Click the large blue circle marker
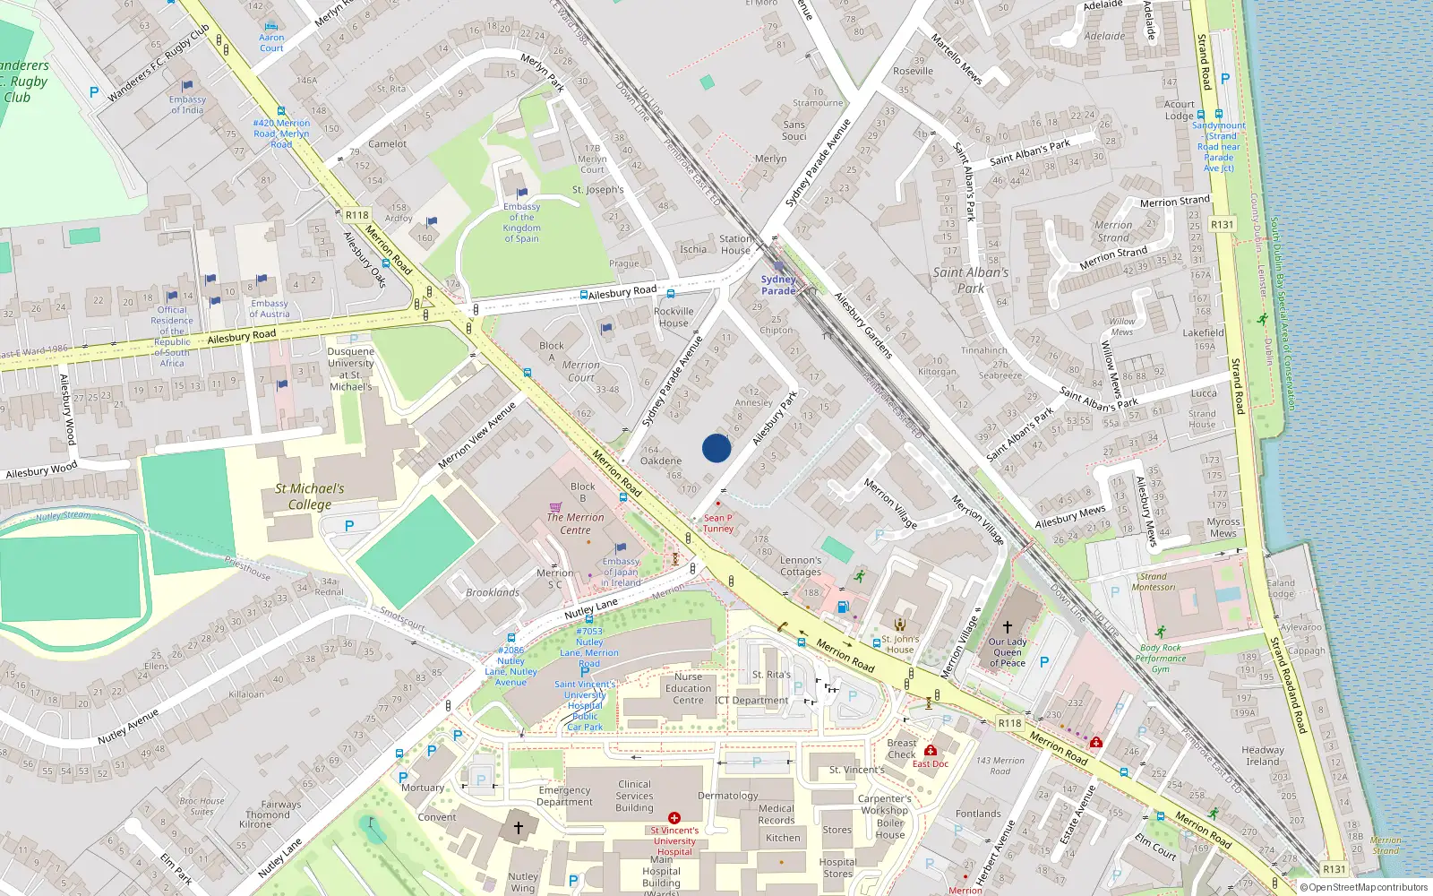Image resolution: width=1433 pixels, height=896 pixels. coord(716,448)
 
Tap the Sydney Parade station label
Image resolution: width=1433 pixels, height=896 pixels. coord(778,285)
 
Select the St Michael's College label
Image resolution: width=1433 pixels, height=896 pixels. coord(310,496)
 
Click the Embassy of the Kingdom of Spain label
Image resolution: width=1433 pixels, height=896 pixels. coord(521,223)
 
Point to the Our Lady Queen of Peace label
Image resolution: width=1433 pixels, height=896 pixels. coord(1008,652)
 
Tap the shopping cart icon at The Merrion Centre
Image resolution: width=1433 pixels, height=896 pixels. coord(555,506)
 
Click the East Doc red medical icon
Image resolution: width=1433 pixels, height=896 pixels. coord(931,751)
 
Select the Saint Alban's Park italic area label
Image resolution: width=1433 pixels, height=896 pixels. coord(971,280)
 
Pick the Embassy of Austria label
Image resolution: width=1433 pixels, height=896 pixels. coord(269,309)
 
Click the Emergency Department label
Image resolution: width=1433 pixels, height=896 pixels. coord(564,796)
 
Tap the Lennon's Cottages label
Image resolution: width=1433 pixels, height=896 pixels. coord(801,566)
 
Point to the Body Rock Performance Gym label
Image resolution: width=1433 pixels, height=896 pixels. coord(1161,659)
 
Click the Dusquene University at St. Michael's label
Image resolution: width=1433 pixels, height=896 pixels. coord(350,369)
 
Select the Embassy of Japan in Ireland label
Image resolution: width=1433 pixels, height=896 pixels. coord(621,572)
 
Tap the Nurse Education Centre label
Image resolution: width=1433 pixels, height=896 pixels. coord(688,688)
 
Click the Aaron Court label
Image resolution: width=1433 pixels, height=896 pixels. coord(271,43)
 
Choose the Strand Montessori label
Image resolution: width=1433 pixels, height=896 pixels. coord(1154,582)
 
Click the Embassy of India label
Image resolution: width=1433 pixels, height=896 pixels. coord(187,105)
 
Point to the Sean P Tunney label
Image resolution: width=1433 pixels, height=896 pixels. coord(717,523)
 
